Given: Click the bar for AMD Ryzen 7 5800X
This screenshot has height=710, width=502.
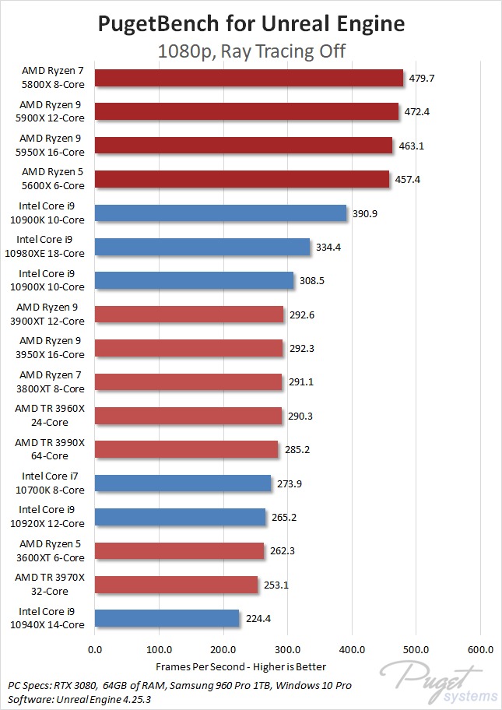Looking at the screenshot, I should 249,79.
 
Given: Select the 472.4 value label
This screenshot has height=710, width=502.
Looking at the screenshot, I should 416,112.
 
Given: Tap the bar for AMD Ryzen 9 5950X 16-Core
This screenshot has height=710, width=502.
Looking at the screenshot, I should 244,146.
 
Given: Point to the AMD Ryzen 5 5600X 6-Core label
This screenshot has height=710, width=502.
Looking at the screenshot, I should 52,179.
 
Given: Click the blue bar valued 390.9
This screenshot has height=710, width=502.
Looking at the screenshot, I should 220,213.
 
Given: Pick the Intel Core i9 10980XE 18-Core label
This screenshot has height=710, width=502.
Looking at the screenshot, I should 51,247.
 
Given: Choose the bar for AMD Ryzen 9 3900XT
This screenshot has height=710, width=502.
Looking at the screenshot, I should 189,315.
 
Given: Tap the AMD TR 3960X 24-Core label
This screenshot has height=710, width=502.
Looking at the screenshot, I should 52,416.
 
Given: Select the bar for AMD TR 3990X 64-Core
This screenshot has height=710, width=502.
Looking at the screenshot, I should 186,449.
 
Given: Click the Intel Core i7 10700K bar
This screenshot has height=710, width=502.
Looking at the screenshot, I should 183,483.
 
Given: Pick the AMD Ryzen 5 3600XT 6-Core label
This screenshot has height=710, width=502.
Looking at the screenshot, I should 52,550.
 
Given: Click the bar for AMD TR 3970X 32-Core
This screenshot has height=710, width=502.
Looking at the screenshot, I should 176,585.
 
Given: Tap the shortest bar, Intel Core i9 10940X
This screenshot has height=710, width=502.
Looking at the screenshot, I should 167,618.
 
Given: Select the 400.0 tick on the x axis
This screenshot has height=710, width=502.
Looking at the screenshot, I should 352,648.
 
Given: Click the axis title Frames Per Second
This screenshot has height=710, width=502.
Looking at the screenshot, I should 240,666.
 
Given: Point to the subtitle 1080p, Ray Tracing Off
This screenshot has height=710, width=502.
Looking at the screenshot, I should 251,51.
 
